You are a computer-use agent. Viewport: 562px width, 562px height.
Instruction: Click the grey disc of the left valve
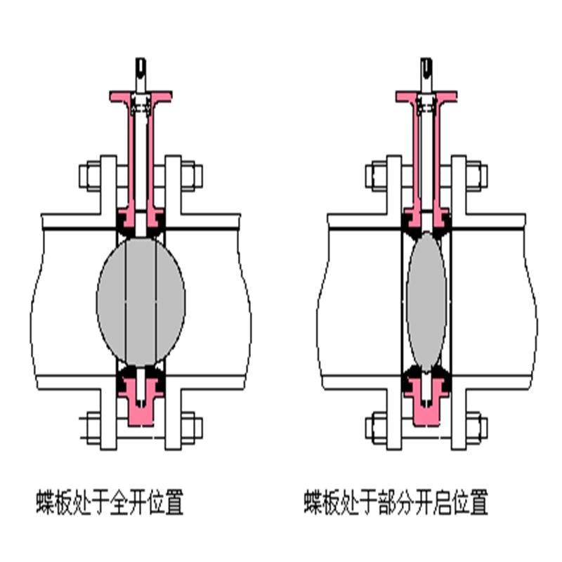[140, 301]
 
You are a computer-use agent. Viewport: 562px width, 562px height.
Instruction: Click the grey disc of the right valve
[426, 301]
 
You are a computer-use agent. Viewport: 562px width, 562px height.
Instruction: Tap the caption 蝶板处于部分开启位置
[396, 503]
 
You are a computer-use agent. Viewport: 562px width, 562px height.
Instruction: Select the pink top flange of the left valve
[140, 95]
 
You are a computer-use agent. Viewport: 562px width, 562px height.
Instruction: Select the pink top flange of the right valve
[426, 96]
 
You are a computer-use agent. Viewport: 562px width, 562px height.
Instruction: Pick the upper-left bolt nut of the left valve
[91, 175]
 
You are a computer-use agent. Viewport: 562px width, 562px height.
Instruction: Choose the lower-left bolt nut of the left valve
[91, 426]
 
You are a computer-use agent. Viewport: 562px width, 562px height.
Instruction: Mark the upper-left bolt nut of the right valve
[376, 175]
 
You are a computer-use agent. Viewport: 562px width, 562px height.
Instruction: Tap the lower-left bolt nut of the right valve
[376, 426]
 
